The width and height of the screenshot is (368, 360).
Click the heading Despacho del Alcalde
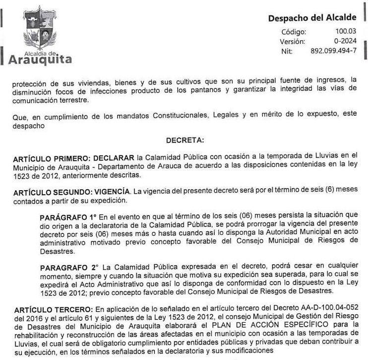pos(312,18)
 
